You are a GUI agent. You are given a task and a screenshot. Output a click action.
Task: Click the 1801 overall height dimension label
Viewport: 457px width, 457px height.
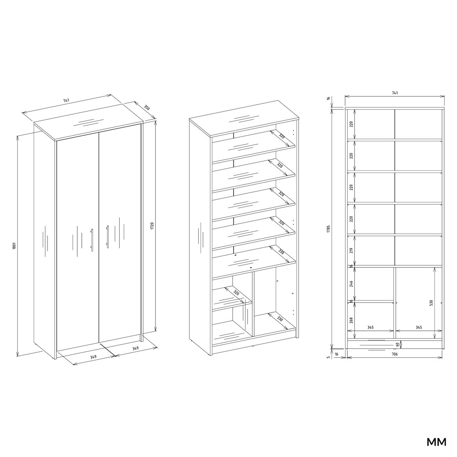click(x=13, y=246)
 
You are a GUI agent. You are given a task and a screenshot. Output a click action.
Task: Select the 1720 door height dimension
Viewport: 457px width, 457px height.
click(x=152, y=226)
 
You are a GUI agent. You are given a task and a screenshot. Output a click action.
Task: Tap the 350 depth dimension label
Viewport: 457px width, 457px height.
click(x=147, y=107)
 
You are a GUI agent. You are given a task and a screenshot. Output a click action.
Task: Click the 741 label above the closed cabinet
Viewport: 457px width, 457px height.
click(x=66, y=101)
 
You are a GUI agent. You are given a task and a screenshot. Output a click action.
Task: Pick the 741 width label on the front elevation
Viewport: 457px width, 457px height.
click(x=394, y=93)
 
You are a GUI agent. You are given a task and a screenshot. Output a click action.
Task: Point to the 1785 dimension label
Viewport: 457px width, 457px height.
click(x=329, y=228)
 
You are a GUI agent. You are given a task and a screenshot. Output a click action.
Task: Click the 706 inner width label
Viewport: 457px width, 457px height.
click(x=394, y=354)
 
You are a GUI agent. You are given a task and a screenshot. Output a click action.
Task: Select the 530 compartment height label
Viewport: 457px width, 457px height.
click(x=432, y=303)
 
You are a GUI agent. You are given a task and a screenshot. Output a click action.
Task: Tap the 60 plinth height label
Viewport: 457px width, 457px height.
click(x=397, y=344)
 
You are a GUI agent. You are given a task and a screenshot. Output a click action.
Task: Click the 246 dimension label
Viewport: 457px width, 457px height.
click(x=351, y=284)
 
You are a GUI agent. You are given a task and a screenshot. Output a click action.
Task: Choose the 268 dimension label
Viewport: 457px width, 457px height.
click(x=351, y=320)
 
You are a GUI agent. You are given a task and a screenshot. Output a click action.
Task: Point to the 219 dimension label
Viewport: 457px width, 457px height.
click(x=351, y=250)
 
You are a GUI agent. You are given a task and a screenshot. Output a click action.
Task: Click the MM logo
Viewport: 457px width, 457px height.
click(x=436, y=442)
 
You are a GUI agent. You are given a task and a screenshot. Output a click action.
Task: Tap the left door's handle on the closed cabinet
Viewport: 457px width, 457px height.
click(x=92, y=240)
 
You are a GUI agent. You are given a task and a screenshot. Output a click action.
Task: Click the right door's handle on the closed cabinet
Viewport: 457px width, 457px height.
click(x=107, y=237)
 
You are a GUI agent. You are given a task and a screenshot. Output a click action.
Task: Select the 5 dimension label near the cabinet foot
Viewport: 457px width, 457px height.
click(x=329, y=357)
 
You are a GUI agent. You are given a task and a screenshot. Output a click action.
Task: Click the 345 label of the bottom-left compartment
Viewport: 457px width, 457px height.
click(x=370, y=327)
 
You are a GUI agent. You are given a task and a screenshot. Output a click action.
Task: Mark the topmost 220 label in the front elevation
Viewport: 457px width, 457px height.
click(x=351, y=124)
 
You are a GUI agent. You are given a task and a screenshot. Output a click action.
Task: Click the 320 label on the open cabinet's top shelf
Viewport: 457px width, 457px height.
click(x=282, y=136)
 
